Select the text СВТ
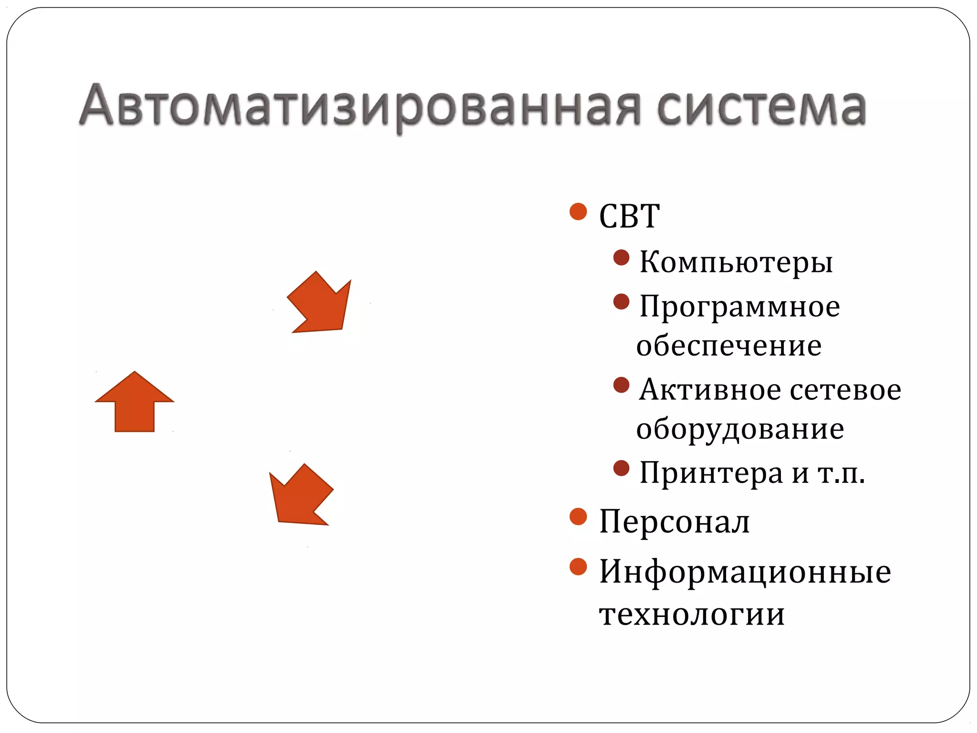[x=629, y=216]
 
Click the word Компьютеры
[x=736, y=262]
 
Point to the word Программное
[x=739, y=306]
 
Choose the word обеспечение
[x=729, y=346]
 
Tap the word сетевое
[x=846, y=389]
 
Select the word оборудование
[x=740, y=429]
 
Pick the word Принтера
[x=711, y=473]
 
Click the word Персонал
[x=674, y=521]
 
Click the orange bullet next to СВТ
[x=578, y=211]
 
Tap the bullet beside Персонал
[x=578, y=516]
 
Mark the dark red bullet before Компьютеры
[x=621, y=258]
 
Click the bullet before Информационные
[x=578, y=567]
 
